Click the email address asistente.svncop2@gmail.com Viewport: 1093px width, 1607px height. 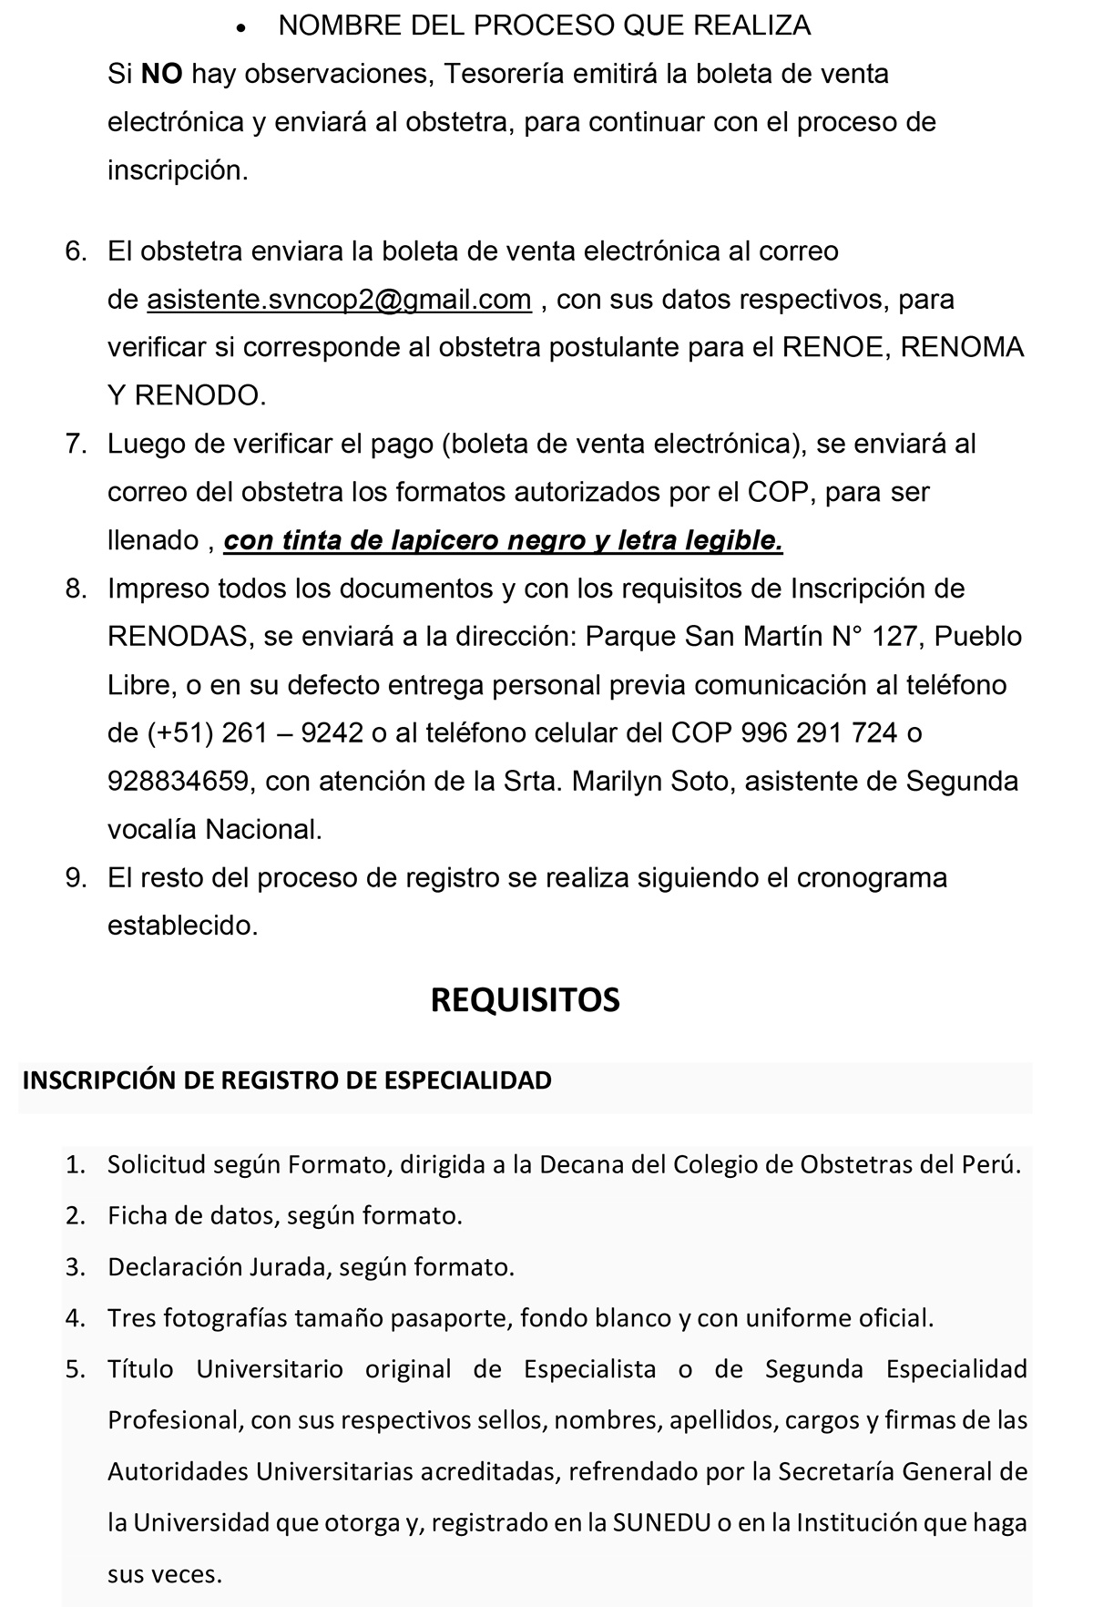(339, 300)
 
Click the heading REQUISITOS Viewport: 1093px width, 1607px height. (525, 999)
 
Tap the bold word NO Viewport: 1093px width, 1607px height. (162, 74)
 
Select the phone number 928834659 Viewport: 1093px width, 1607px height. (178, 781)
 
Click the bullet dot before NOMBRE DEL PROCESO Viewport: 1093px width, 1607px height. (240, 28)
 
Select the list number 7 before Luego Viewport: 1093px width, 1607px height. (75, 444)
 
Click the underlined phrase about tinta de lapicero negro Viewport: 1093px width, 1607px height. (503, 541)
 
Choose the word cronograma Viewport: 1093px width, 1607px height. (872, 877)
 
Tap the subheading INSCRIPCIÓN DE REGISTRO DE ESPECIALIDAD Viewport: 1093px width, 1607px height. (287, 1080)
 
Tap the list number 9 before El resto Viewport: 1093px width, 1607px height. (75, 877)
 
